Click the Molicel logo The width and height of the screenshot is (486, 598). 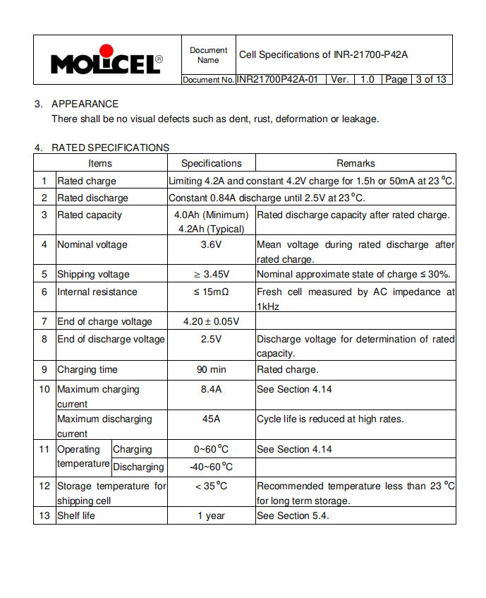click(x=106, y=61)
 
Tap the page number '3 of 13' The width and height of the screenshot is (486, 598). click(x=430, y=80)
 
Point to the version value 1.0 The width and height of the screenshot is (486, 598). click(x=367, y=80)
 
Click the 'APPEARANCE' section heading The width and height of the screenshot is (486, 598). click(x=85, y=104)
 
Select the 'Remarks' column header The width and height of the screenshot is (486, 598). click(x=356, y=163)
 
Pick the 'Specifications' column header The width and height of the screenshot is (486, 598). click(x=211, y=163)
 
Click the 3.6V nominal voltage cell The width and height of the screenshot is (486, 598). click(x=211, y=245)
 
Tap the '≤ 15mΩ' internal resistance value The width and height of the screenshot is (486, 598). click(x=211, y=292)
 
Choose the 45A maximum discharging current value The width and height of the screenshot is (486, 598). click(x=211, y=419)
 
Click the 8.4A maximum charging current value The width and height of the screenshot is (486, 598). click(x=211, y=390)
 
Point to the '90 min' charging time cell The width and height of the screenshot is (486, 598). click(x=211, y=369)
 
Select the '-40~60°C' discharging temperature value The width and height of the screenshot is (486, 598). click(x=211, y=467)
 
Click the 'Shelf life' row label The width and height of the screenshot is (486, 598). click(x=75, y=516)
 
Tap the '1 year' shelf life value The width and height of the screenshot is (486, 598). click(x=211, y=516)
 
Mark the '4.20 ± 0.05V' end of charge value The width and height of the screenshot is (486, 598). click(x=211, y=322)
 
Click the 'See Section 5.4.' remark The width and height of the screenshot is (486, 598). click(x=293, y=516)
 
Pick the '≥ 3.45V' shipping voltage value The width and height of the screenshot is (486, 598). click(x=211, y=275)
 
